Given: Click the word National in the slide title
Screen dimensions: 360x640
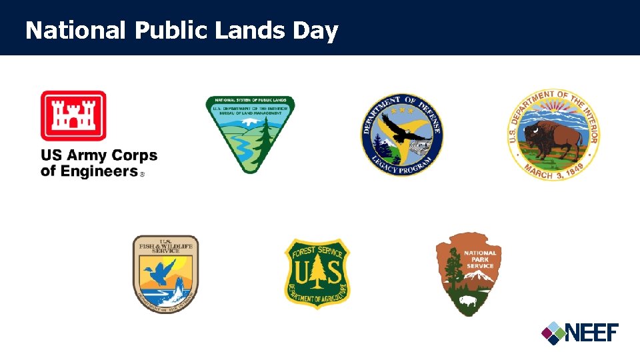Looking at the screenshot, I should click(x=75, y=31).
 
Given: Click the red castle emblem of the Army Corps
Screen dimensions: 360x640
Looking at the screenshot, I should click(x=73, y=115).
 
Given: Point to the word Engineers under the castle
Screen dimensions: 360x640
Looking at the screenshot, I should click(x=89, y=171).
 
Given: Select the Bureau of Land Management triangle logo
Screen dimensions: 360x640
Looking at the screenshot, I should click(x=250, y=134).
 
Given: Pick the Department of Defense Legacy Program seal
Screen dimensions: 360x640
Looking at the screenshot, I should click(x=402, y=134).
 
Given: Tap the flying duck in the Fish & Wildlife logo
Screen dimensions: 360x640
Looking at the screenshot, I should click(x=162, y=271).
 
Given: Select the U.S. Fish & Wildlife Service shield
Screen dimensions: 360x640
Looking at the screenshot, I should click(x=165, y=274).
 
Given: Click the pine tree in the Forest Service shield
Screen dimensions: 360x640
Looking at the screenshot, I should click(x=317, y=271).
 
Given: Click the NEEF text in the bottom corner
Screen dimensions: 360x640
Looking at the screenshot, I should click(x=593, y=331).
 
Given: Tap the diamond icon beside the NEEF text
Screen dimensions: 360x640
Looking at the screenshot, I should click(x=553, y=332).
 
